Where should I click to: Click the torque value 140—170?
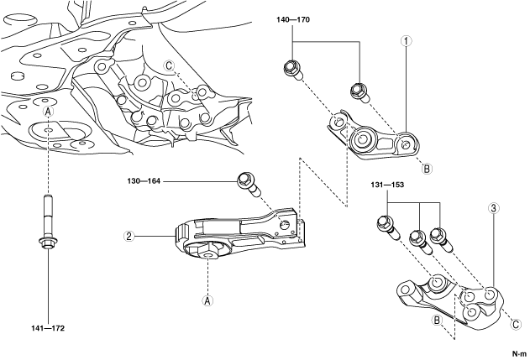tap(292, 19)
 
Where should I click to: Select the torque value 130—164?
tap(144, 181)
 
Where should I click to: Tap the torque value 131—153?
tap(387, 185)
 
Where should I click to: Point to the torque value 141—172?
tap(48, 328)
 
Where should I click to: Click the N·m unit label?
tap(520, 354)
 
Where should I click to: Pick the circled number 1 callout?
tap(406, 41)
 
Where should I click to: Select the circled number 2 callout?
tap(129, 236)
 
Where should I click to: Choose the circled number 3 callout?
tap(494, 208)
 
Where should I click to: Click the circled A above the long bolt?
tap(49, 111)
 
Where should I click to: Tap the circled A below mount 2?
tap(207, 300)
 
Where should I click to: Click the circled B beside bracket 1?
tap(427, 168)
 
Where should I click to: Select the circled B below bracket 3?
tap(437, 320)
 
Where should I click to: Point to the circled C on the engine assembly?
tap(169, 65)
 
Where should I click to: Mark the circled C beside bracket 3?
tap(516, 325)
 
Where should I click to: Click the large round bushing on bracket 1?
tap(362, 138)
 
